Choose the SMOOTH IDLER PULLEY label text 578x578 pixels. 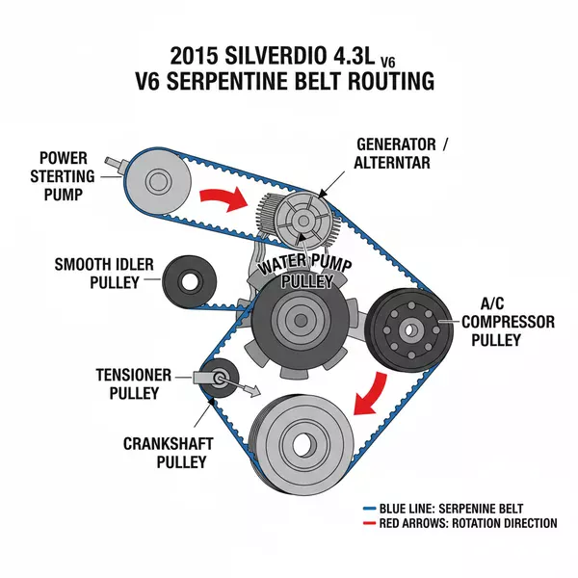(x=100, y=273)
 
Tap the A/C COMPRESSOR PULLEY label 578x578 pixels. (x=505, y=320)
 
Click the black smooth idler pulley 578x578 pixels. (x=185, y=280)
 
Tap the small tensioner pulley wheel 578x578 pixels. (x=221, y=378)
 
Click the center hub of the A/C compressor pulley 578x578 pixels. (x=409, y=329)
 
